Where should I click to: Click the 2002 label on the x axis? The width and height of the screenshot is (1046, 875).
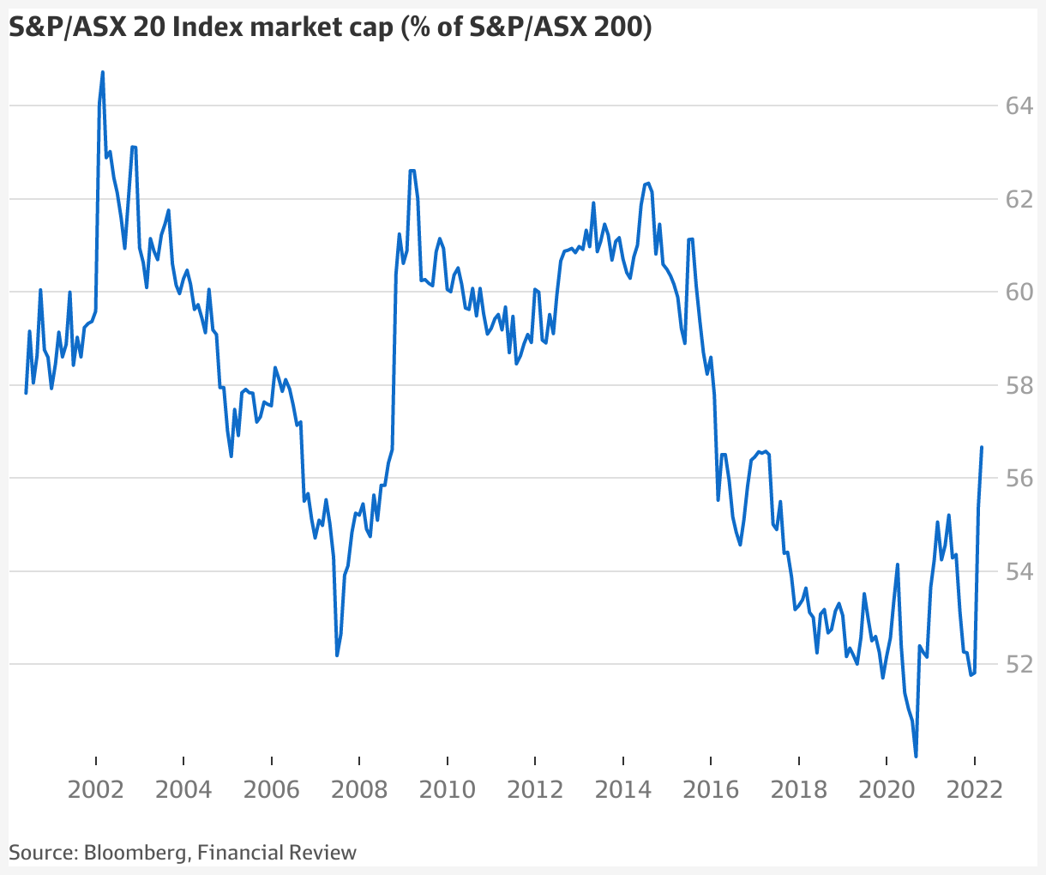(x=96, y=788)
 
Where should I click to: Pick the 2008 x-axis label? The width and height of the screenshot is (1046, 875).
(x=359, y=788)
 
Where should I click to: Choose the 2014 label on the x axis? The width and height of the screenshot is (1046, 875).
(x=623, y=788)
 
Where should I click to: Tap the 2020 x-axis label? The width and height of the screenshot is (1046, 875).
(x=887, y=788)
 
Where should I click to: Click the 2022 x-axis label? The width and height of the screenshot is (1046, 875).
(x=975, y=788)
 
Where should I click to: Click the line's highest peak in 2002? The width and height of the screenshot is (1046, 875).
(x=103, y=72)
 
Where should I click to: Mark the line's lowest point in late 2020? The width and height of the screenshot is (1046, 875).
(x=917, y=757)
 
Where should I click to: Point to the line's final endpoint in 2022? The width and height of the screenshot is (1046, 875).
(x=982, y=447)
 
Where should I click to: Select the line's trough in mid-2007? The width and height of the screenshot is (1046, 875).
(x=337, y=655)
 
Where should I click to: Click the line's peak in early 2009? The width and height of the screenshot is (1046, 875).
(x=412, y=171)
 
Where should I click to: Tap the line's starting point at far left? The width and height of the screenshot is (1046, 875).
(x=26, y=393)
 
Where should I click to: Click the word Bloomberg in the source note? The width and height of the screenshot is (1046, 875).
(x=136, y=852)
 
